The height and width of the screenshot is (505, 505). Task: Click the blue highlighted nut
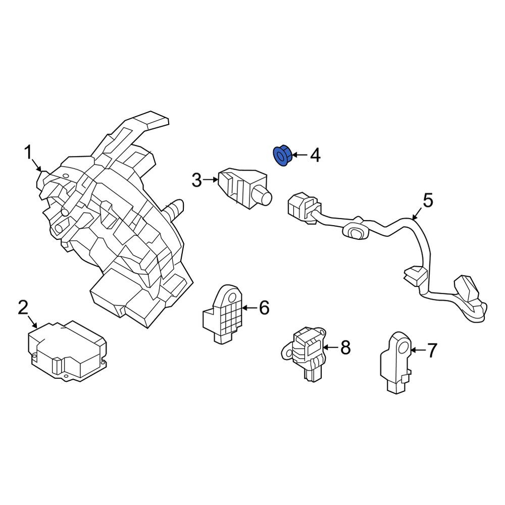(x=282, y=156)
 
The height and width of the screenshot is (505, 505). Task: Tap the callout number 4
(x=315, y=156)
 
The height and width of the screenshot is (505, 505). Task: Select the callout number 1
(x=29, y=153)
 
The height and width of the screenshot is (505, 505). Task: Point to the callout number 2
(x=23, y=308)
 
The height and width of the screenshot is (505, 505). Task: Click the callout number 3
(x=197, y=180)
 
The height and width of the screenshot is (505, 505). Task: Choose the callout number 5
(x=428, y=200)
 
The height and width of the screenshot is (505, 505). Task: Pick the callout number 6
(x=264, y=308)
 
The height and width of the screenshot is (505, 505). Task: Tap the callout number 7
(x=432, y=350)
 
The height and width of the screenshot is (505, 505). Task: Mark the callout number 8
(x=345, y=347)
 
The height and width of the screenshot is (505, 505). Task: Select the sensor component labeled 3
(x=245, y=188)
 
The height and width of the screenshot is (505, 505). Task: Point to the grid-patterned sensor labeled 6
(x=223, y=314)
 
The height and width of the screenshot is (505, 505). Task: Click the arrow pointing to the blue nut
(x=299, y=155)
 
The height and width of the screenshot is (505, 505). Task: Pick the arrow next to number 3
(x=211, y=180)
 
